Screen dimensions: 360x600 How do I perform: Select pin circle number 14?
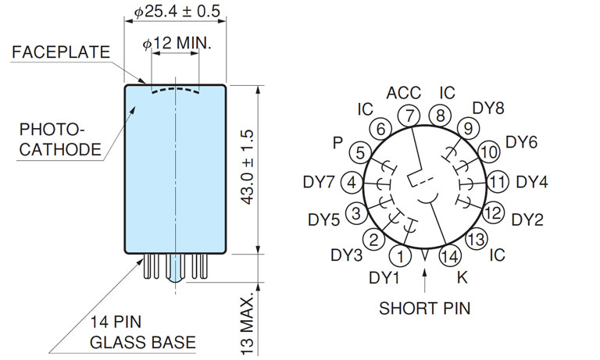point(449,255)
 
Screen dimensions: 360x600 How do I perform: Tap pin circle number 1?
point(402,255)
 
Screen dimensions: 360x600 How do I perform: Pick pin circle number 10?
point(488,151)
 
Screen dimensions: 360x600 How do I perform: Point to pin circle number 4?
point(352,182)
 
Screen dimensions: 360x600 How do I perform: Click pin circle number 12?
point(493,211)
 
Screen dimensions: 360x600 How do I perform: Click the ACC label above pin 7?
point(404,94)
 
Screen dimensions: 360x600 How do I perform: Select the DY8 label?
point(489,108)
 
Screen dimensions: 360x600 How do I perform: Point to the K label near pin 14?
point(462,276)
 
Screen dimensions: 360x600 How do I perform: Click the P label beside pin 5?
point(337,143)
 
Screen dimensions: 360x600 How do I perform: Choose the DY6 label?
point(521,142)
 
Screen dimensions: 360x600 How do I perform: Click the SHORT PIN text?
point(425,308)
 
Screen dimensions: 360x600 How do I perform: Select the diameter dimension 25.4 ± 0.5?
point(177,12)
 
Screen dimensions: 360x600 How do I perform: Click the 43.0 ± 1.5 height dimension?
point(248,169)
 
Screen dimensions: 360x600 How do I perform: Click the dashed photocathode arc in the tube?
point(175,91)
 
